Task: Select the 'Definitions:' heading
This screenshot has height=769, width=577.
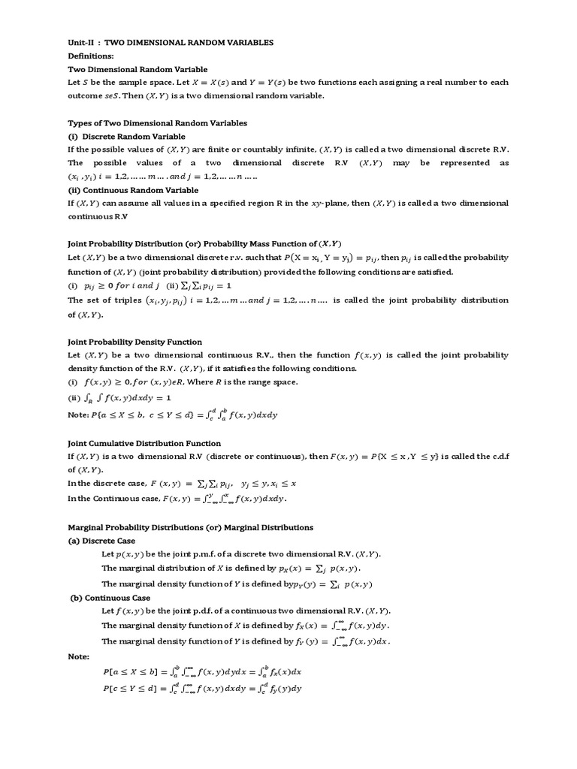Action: (x=94, y=56)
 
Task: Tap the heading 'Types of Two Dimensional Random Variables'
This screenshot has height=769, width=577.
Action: (x=157, y=122)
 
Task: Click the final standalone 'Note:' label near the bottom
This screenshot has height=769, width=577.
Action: (x=78, y=656)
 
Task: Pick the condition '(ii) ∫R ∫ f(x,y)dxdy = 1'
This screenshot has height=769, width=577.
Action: (x=119, y=398)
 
